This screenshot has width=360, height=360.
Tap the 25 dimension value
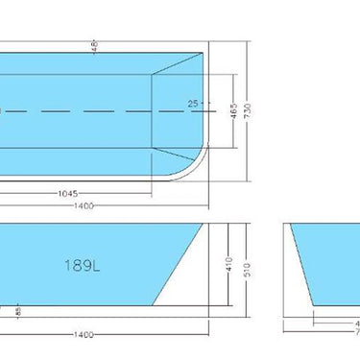(192, 103)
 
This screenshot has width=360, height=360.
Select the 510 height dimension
(247, 272)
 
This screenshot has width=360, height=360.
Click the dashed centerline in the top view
(96, 111)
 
